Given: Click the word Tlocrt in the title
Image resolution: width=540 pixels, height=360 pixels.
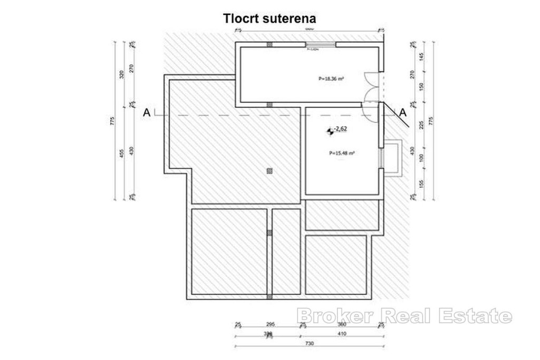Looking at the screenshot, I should (x=239, y=18).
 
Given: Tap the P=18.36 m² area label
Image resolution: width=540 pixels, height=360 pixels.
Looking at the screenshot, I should (x=331, y=79).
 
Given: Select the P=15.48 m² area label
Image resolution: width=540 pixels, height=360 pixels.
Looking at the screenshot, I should (x=342, y=153).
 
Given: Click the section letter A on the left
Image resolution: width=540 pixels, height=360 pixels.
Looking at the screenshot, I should (x=147, y=112).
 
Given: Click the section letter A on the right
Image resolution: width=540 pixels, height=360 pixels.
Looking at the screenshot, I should (x=403, y=112).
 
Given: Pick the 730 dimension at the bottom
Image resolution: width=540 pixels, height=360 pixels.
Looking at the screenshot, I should (x=310, y=344).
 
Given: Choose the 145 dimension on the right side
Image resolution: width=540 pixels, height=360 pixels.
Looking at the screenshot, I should (x=421, y=56).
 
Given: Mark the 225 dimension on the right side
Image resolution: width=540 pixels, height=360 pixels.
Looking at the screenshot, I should (x=421, y=125).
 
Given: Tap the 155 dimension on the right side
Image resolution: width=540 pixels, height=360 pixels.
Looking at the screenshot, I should (x=421, y=183).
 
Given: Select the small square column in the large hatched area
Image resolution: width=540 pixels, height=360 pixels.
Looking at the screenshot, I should (x=269, y=170).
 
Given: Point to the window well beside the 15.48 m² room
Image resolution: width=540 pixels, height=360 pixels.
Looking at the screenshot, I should (x=393, y=157).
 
